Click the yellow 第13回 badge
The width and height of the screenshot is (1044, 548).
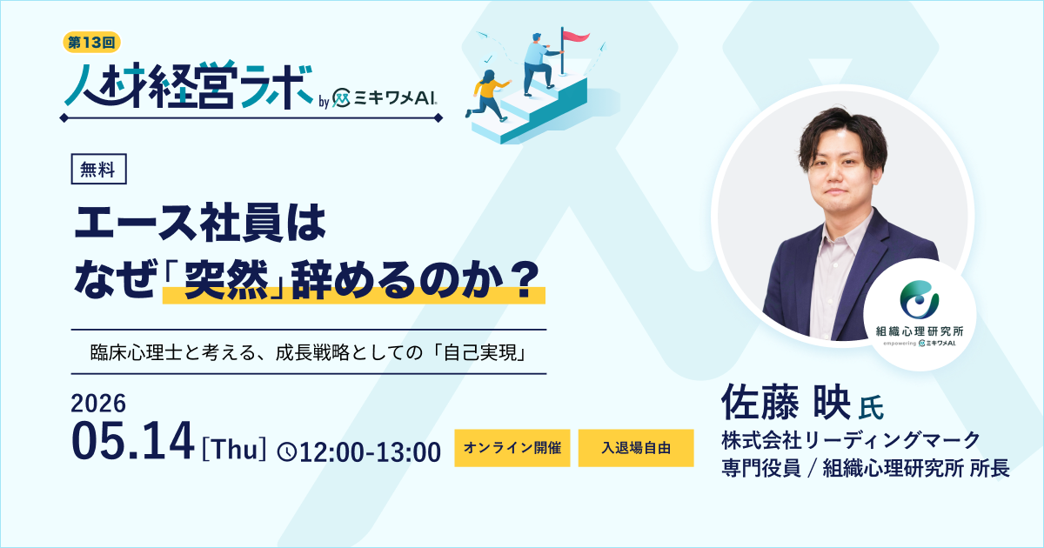pos(92,43)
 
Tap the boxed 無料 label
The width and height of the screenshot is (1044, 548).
pos(98,169)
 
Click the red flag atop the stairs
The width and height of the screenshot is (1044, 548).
pos(576,37)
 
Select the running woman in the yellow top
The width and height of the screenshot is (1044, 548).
pos(488,95)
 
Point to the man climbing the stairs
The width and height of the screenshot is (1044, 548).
pos(539,63)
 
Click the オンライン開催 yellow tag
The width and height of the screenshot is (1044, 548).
pos(512,448)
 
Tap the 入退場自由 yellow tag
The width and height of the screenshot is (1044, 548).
pos(636,448)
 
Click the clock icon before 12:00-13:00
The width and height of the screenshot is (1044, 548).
pos(287,452)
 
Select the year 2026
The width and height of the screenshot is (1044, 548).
pos(98,403)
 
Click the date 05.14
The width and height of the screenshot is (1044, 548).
pos(132,441)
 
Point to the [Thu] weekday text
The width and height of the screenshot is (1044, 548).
pos(234,450)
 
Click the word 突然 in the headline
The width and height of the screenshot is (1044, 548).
pos(226,279)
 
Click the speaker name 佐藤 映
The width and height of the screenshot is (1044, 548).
pos(786,402)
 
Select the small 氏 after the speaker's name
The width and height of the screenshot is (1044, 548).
pos(871,408)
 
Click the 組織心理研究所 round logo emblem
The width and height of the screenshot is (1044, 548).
pos(919,299)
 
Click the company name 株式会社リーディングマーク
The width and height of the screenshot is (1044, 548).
pos(851,440)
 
